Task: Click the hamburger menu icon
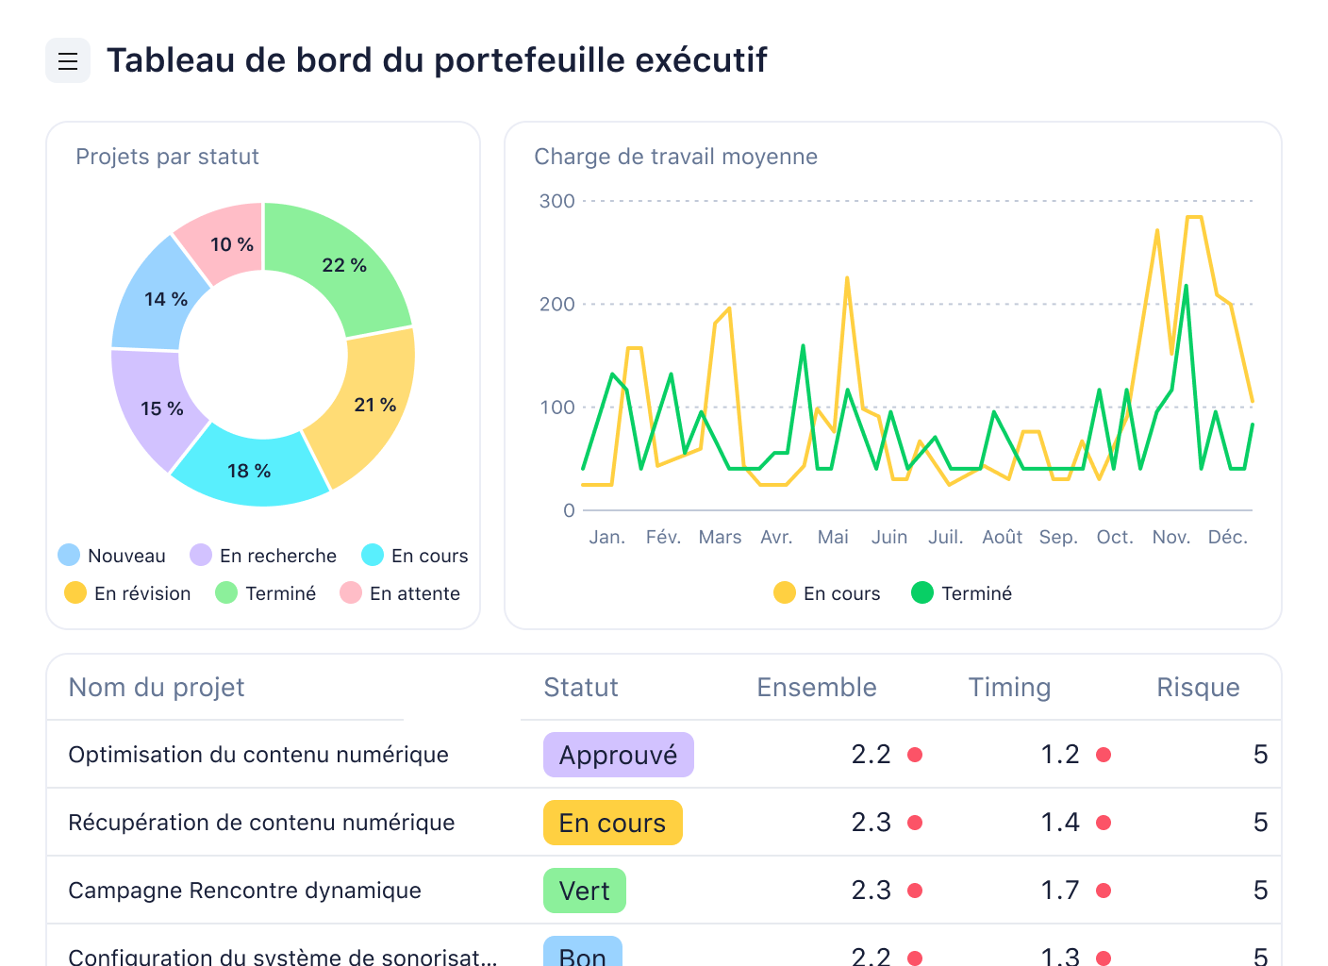[x=68, y=61]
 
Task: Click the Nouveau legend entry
[x=111, y=556]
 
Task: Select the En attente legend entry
[x=400, y=593]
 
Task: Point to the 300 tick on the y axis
[x=556, y=201]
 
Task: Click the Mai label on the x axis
[x=833, y=537]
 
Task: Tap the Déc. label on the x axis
[x=1227, y=537]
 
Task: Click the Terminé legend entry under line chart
[x=962, y=593]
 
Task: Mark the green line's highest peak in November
[x=1186, y=286]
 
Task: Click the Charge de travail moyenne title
[x=675, y=157]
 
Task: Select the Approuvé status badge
[x=618, y=755]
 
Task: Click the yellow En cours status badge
[x=612, y=823]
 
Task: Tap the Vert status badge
[x=584, y=891]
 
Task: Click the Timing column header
[x=1009, y=688]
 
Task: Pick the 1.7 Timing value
[x=1060, y=891]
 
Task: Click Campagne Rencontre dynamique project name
[x=244, y=891]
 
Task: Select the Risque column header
[x=1198, y=688]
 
